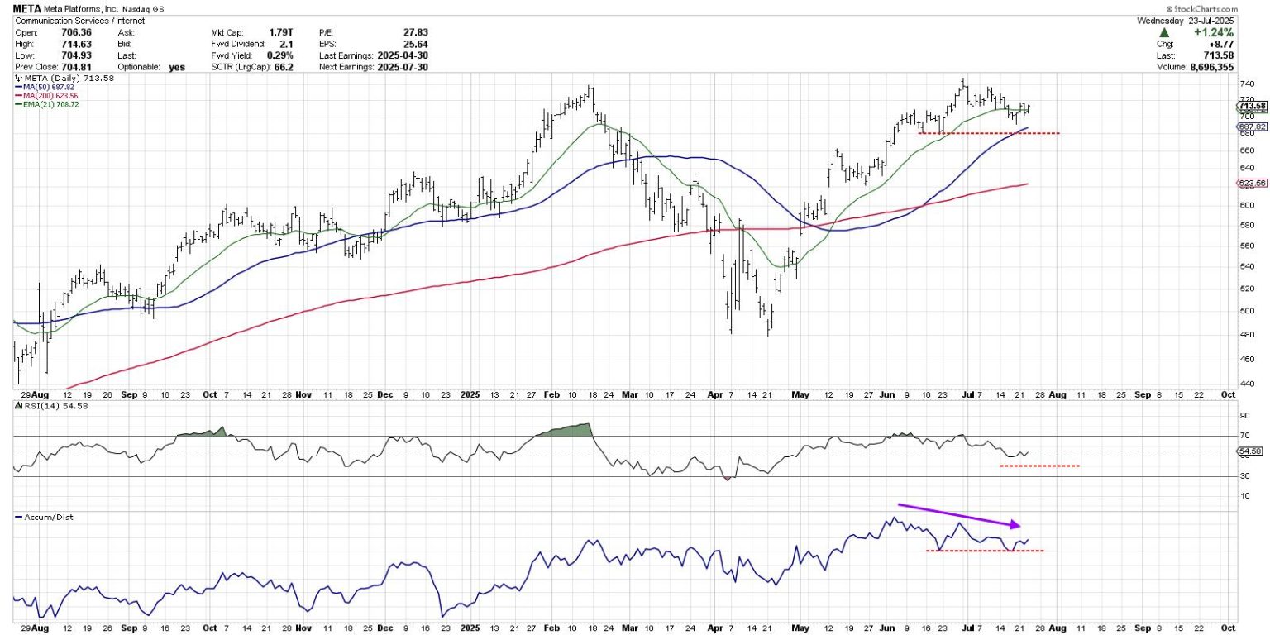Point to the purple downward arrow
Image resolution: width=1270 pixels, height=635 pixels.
(959, 514)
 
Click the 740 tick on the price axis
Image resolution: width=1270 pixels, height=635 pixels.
(1245, 84)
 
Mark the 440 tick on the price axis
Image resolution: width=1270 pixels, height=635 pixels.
(1245, 384)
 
